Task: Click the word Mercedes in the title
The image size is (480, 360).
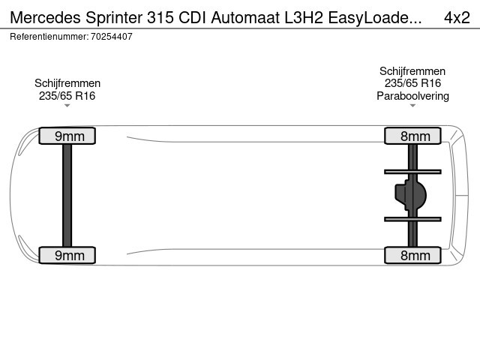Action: pyautogui.click(x=45, y=17)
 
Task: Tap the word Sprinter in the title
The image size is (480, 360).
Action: pyautogui.click(x=114, y=18)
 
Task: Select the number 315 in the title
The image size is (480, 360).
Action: pyautogui.click(x=160, y=17)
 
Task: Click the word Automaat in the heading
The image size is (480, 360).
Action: pyautogui.click(x=245, y=17)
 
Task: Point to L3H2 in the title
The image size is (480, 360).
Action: pyautogui.click(x=304, y=17)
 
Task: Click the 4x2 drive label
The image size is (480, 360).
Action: pyautogui.click(x=457, y=17)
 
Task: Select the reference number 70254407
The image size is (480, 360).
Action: pyautogui.click(x=112, y=37)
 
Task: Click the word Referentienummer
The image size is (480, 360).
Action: pyautogui.click(x=49, y=37)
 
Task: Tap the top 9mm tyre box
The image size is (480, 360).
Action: pyautogui.click(x=67, y=136)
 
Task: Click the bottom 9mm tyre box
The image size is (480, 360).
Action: pyautogui.click(x=67, y=255)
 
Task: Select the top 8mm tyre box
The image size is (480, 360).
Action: pyautogui.click(x=412, y=136)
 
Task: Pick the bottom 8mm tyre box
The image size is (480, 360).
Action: pyautogui.click(x=412, y=255)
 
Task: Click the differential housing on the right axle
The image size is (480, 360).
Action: pyautogui.click(x=410, y=195)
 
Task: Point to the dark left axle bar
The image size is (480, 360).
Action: pyautogui.click(x=67, y=195)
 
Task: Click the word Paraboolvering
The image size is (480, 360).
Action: pyautogui.click(x=412, y=96)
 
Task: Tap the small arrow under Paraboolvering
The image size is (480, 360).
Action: pyautogui.click(x=412, y=106)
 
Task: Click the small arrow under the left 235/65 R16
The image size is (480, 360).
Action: pyautogui.click(x=67, y=106)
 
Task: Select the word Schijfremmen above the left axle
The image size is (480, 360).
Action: pyautogui.click(x=67, y=83)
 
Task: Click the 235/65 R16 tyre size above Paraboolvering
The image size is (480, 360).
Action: pyautogui.click(x=412, y=83)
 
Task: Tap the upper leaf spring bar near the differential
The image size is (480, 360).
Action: pyautogui.click(x=412, y=172)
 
